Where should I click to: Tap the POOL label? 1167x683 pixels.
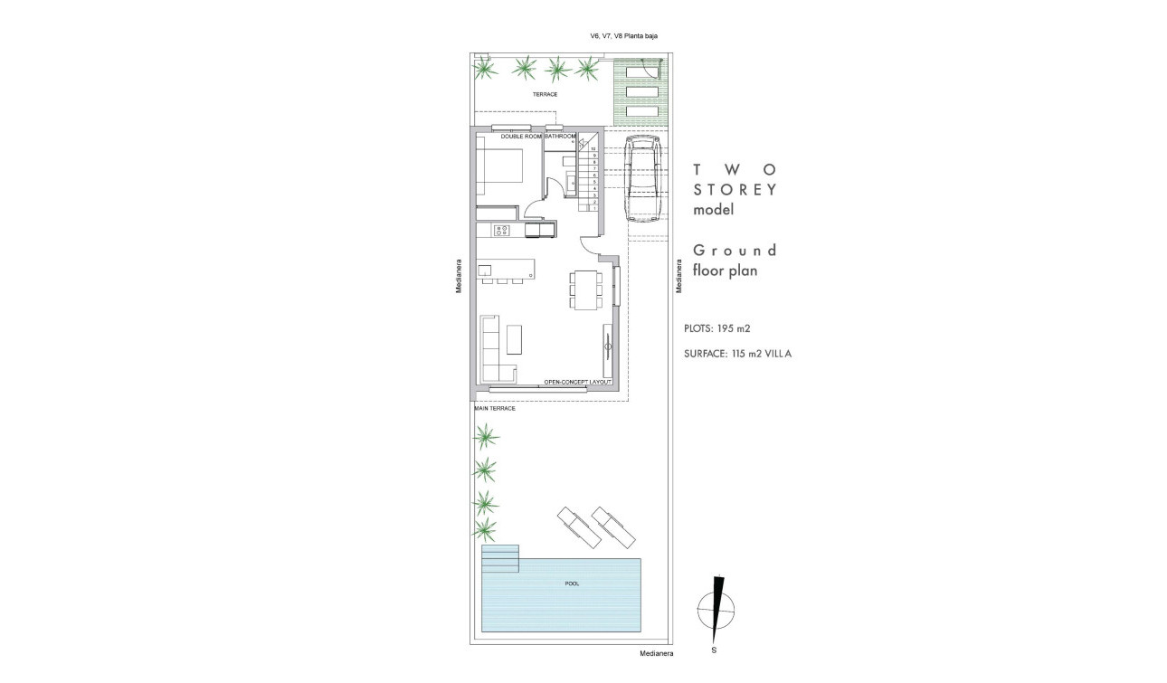(x=572, y=583)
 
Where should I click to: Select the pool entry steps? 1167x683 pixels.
(x=500, y=558)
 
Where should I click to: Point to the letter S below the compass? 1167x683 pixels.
(x=715, y=650)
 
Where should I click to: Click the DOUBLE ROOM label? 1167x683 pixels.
(x=521, y=136)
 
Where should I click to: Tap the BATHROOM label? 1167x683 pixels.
(x=561, y=136)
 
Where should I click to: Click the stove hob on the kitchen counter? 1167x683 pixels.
(x=501, y=231)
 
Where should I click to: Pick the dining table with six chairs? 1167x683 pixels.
(x=584, y=289)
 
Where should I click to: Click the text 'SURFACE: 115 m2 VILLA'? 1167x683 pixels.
(x=738, y=354)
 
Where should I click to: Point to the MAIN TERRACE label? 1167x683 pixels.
(x=495, y=409)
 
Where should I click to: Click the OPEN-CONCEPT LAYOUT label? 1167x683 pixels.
(x=578, y=383)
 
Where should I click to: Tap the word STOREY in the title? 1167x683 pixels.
(x=735, y=189)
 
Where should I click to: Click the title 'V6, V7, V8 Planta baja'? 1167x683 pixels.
(x=624, y=37)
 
